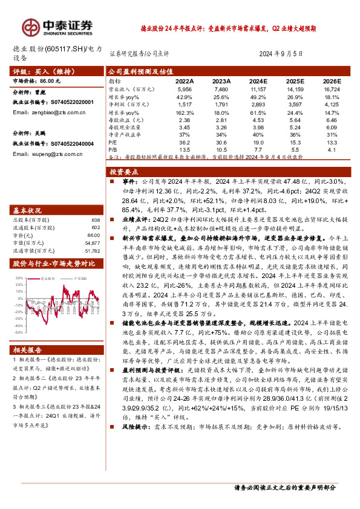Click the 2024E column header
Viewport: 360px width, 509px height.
(x=258, y=80)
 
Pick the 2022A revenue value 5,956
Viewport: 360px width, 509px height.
(x=185, y=88)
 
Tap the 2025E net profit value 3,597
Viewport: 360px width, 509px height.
(x=295, y=105)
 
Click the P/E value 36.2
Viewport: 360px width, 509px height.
(x=185, y=142)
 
